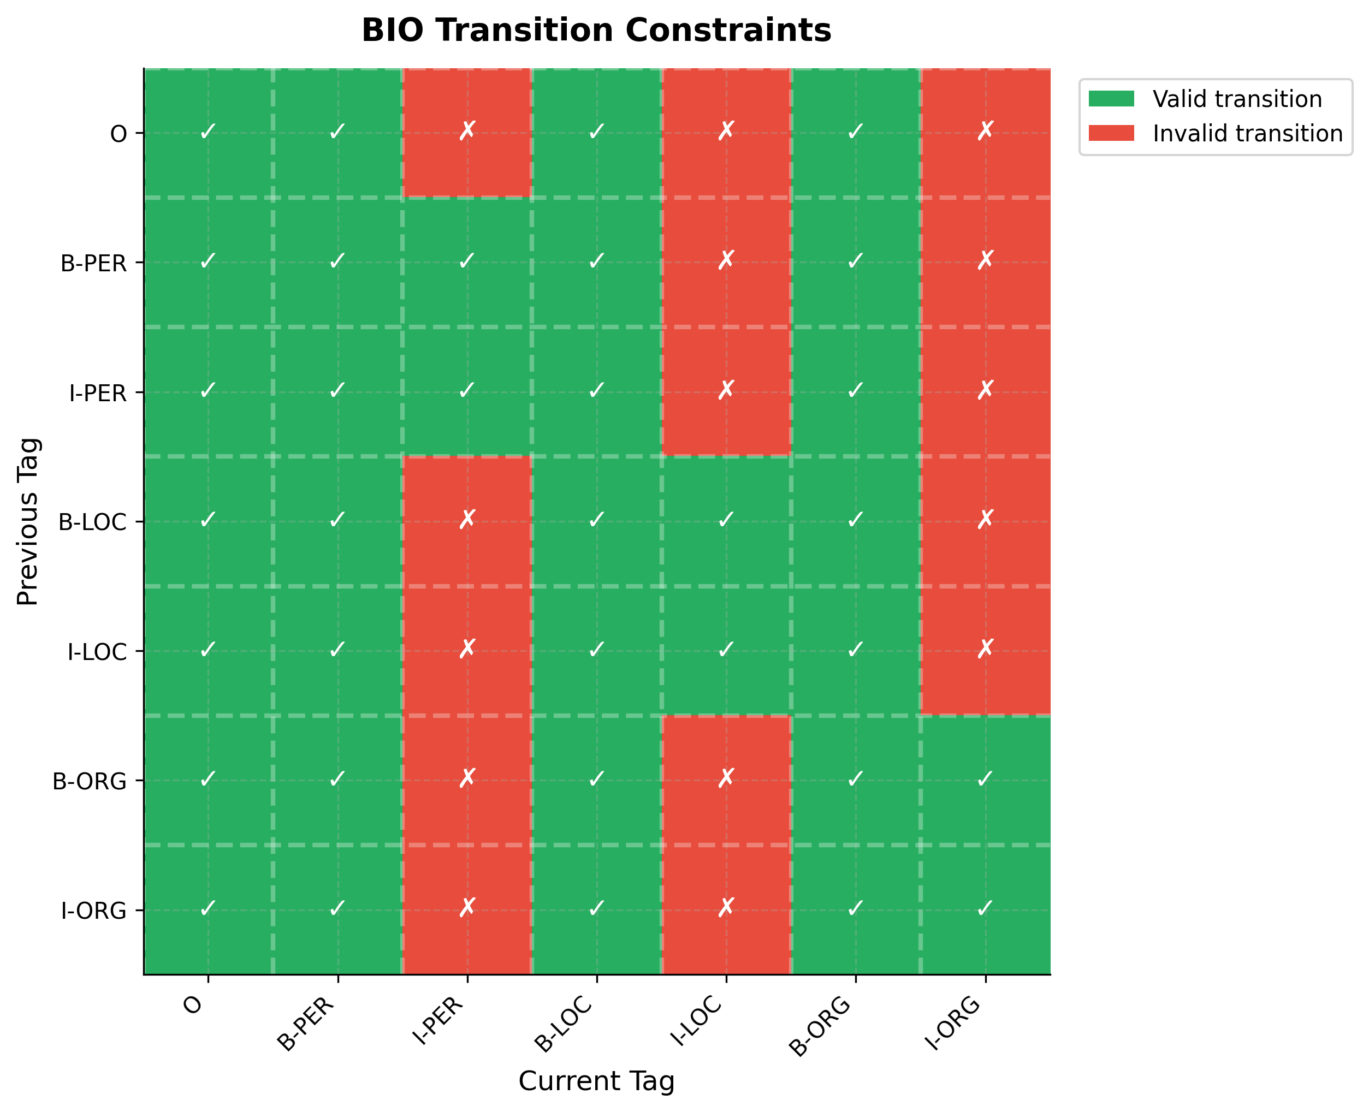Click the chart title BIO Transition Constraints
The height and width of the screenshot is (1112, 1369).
(x=596, y=31)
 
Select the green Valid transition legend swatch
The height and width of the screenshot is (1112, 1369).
(x=1111, y=99)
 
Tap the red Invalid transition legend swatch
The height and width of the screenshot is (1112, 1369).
(x=1111, y=133)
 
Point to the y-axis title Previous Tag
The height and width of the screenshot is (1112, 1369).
(x=29, y=521)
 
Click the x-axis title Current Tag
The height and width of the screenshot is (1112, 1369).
(x=596, y=1081)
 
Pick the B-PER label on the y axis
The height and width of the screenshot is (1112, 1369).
(x=93, y=263)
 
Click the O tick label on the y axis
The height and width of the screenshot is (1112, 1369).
(x=118, y=134)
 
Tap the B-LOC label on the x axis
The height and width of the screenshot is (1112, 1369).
(x=564, y=1025)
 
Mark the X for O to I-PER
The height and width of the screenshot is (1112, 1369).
(x=467, y=132)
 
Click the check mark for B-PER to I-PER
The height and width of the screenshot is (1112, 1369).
(x=467, y=261)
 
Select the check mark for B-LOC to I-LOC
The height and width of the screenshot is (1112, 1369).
(x=726, y=520)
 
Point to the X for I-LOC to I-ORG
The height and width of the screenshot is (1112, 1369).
(x=985, y=649)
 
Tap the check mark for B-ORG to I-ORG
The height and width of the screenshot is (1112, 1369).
(x=985, y=779)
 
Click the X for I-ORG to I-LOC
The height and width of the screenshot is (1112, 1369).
(x=726, y=908)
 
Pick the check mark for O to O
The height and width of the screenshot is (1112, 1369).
(x=208, y=132)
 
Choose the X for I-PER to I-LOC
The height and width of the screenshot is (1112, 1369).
(x=726, y=390)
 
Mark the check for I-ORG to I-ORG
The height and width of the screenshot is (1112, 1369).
(x=985, y=908)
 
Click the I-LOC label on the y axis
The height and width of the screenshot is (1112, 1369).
(x=97, y=653)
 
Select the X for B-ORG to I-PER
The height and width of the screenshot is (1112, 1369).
(x=467, y=778)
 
